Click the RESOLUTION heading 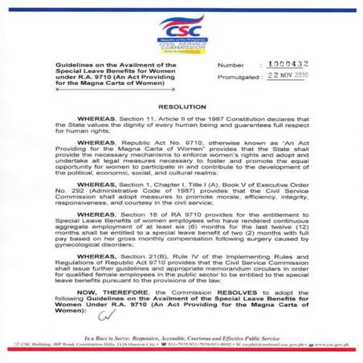pos(181,105)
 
